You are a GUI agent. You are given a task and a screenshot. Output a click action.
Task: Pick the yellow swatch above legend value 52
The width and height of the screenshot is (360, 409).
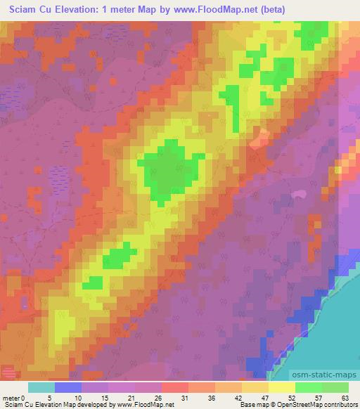[281, 387]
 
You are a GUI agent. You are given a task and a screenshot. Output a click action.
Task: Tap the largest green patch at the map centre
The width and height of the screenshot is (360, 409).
[167, 169]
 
